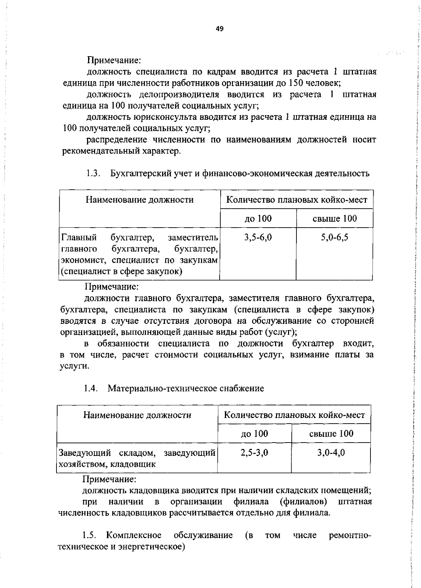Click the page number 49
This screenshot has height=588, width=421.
pos(219,29)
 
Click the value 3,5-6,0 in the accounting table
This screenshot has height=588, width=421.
pos(258,237)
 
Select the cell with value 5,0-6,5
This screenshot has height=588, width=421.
pos(334,237)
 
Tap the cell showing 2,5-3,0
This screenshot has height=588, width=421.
pos(254,452)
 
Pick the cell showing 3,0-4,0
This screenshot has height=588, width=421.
pos(331,452)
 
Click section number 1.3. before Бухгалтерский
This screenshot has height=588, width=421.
pos(93,174)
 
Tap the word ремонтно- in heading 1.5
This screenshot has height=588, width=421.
pos(350,535)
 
